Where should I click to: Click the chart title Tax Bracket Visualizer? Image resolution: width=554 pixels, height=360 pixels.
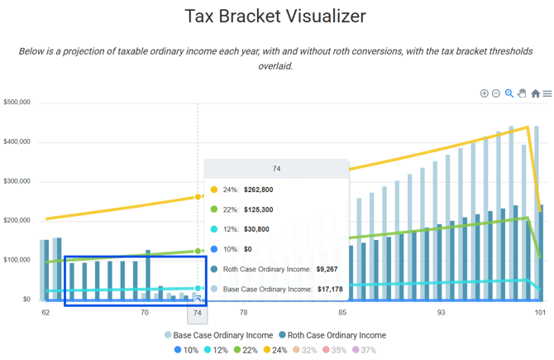tap(276, 17)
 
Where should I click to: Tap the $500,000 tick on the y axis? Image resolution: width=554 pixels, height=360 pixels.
tap(17, 103)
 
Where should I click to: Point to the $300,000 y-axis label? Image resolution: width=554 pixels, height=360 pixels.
tap(17, 181)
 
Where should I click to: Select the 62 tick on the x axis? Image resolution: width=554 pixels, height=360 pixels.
tap(45, 313)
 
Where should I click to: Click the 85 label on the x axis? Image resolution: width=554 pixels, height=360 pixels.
tap(341, 313)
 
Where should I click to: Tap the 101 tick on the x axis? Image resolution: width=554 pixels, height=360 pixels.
tap(539, 313)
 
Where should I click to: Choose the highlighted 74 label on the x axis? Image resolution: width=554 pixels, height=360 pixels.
tap(197, 313)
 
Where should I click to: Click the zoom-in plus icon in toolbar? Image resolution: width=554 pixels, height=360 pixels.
tap(485, 94)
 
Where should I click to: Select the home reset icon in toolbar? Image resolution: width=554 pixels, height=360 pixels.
tap(535, 94)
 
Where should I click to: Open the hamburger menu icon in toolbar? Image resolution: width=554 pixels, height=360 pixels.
tap(547, 94)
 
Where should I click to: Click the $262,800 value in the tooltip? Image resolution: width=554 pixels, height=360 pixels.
tap(258, 190)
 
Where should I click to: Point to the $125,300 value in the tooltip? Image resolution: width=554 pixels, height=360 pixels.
tap(258, 209)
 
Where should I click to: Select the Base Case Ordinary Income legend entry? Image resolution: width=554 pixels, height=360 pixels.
tap(217, 335)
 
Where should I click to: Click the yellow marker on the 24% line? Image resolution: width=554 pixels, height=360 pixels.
tap(198, 197)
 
